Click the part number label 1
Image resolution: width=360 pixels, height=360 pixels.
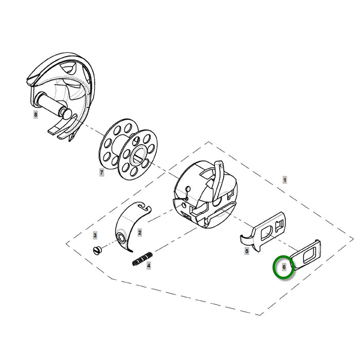coord(285,180)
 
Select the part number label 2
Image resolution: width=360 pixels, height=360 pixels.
coord(140,232)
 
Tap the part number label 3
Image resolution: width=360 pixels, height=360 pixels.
coord(95,235)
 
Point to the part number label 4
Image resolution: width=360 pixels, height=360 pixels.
coord(149,266)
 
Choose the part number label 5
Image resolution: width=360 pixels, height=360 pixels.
coord(246,251)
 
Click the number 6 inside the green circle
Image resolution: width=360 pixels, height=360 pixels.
coord(284,267)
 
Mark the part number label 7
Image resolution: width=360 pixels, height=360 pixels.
coord(101,172)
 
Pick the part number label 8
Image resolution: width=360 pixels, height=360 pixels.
coord(35,114)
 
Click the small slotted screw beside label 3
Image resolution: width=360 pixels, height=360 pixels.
coord(97,250)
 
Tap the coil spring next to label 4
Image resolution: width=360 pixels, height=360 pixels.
coord(143,259)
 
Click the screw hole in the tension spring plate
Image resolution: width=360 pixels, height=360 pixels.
coord(121,238)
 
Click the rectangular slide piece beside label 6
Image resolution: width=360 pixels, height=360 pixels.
coord(305,255)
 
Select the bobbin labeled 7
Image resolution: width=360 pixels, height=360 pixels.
coord(128,149)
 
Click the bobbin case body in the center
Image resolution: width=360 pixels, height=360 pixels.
coord(204,194)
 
